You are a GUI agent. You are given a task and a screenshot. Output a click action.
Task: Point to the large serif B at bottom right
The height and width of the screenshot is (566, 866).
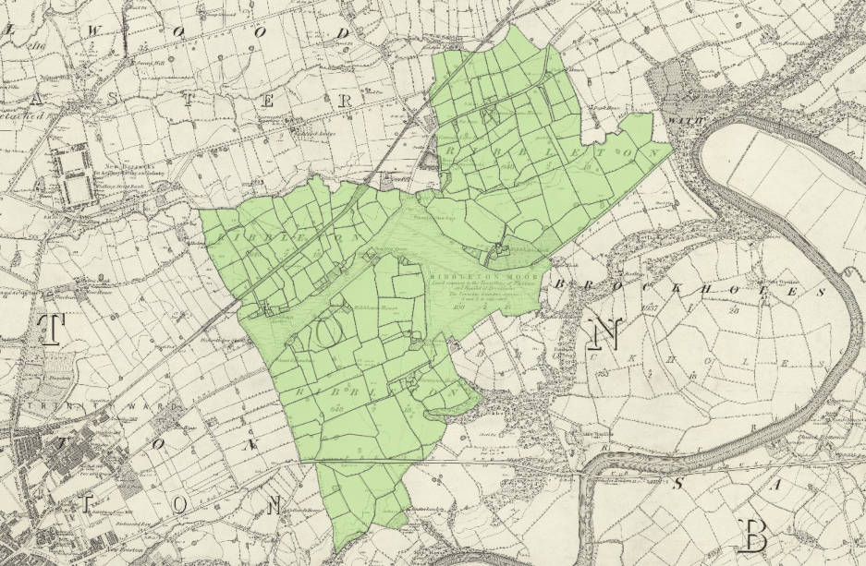coord(754,534)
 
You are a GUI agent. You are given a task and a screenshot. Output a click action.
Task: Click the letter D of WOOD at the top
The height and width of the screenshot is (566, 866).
coord(343,34)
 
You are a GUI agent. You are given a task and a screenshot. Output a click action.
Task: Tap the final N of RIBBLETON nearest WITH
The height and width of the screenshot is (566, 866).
coord(655,151)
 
